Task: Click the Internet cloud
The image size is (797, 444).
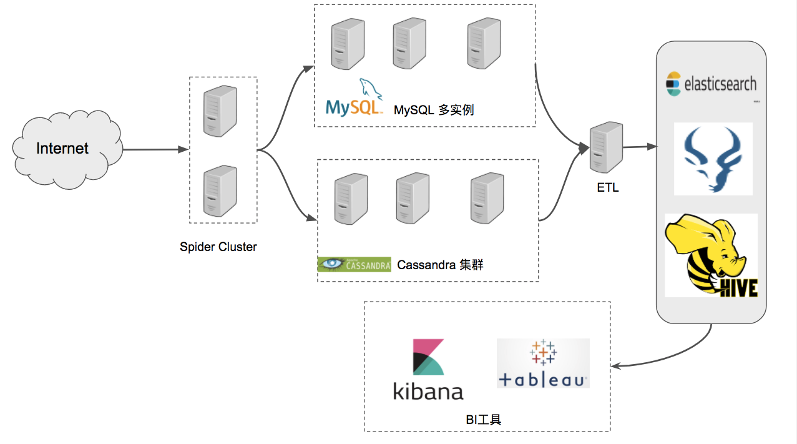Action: pos(62,148)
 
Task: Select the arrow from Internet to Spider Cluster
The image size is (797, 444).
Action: pos(156,150)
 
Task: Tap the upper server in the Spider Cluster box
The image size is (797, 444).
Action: pos(220,112)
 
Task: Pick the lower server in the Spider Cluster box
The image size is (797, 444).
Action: pos(220,191)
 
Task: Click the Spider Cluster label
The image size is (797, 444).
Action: pos(218,247)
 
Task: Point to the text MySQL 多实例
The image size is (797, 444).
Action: pos(434,111)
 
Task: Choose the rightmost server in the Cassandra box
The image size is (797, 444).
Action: pos(487,198)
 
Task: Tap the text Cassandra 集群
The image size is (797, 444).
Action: pos(440,265)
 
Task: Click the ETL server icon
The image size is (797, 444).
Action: pos(607,147)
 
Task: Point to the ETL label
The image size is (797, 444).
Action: pos(607,187)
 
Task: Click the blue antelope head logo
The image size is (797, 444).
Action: pos(713,159)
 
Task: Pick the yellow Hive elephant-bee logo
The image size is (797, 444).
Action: pos(711,255)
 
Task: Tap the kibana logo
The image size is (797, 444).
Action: pos(428,370)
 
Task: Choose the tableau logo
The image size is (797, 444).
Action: pos(543,363)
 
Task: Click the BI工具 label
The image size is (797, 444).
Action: pos(484,419)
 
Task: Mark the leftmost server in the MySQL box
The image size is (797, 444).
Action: pos(348,44)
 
